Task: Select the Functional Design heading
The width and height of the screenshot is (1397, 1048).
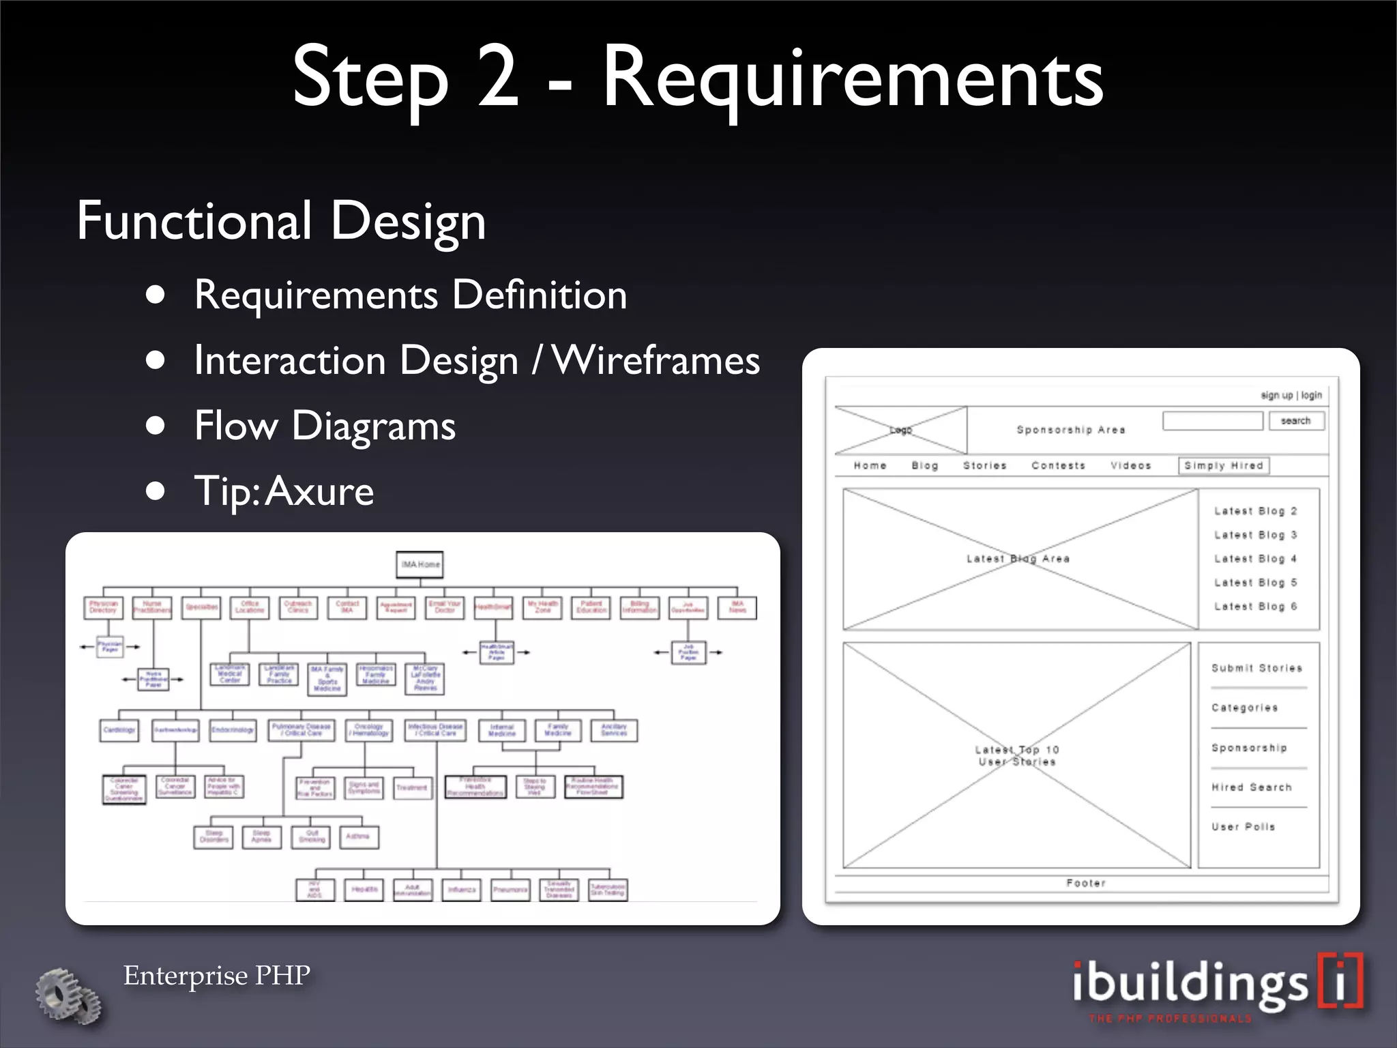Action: pyautogui.click(x=281, y=221)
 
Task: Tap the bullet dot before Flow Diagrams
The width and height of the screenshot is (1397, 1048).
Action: pyautogui.click(x=156, y=426)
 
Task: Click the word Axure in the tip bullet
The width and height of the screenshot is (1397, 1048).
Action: pyautogui.click(x=320, y=491)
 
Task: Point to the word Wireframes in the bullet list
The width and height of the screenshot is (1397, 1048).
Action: pyautogui.click(x=656, y=360)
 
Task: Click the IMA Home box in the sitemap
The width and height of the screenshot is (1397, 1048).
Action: pyautogui.click(x=420, y=564)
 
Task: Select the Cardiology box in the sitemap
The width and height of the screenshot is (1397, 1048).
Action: pyautogui.click(x=119, y=730)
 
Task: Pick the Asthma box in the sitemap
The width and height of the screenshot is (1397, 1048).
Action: pyautogui.click(x=358, y=836)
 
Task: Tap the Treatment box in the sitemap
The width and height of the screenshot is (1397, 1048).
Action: pyautogui.click(x=412, y=787)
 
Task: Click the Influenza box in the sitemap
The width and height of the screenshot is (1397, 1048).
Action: pyautogui.click(x=462, y=890)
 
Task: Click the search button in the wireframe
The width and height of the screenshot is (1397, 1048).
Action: pyautogui.click(x=1296, y=421)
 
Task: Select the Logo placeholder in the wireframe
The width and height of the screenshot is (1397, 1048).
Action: pyautogui.click(x=900, y=430)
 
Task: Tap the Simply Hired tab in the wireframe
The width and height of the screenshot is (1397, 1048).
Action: pyautogui.click(x=1224, y=465)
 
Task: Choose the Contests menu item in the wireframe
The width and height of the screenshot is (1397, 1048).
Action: pyautogui.click(x=1058, y=465)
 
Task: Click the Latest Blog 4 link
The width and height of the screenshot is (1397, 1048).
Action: pyautogui.click(x=1255, y=559)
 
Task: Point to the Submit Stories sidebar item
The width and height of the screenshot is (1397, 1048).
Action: pyautogui.click(x=1256, y=668)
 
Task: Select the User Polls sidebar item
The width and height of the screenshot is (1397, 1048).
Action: pyautogui.click(x=1243, y=826)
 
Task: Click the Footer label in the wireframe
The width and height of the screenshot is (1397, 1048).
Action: pyautogui.click(x=1086, y=883)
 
